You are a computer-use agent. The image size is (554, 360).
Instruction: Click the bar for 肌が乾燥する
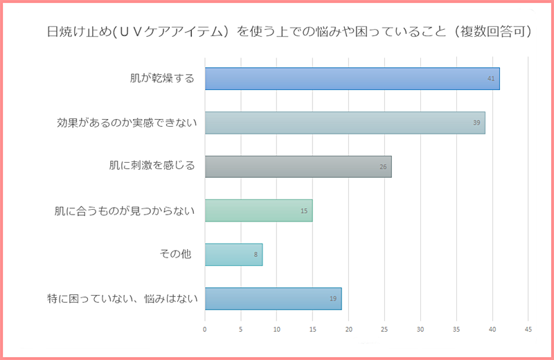(352, 79)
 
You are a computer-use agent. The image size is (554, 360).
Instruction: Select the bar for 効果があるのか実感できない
(345, 123)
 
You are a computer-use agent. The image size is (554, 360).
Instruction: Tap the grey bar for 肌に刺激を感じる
(298, 167)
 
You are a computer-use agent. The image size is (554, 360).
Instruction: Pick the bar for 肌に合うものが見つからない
(258, 210)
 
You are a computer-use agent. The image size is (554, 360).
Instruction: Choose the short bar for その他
(233, 255)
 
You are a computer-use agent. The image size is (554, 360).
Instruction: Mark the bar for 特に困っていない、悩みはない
(273, 298)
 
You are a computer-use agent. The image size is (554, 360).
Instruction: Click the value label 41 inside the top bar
(491, 79)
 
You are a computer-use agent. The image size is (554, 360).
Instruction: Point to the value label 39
(476, 123)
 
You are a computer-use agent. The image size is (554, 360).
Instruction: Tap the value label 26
(383, 167)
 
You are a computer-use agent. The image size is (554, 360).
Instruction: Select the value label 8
(256, 255)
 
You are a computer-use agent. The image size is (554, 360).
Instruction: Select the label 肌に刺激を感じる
(152, 166)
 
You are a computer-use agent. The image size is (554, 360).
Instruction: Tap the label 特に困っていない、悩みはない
(123, 298)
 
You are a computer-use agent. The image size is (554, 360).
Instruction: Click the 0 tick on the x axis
(205, 330)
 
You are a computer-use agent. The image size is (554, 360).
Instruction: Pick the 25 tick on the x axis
(384, 330)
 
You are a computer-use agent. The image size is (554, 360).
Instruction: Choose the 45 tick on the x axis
(528, 330)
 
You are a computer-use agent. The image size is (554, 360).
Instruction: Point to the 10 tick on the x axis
(276, 330)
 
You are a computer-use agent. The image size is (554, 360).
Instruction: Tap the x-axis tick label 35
(456, 330)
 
